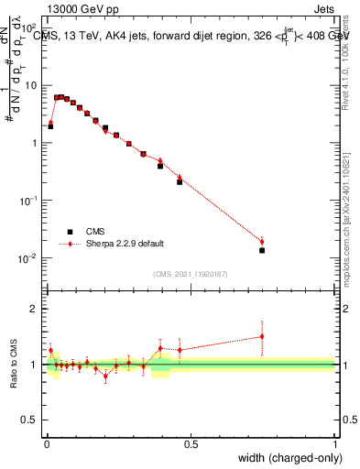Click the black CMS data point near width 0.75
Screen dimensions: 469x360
[262, 250]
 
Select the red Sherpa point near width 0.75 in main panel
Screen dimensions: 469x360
[262, 242]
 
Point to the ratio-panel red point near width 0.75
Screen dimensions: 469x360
[262, 336]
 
